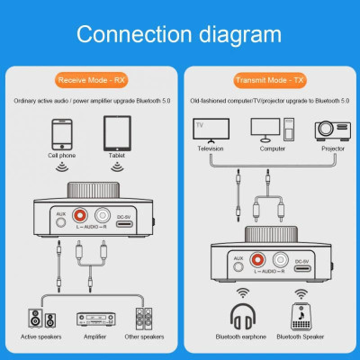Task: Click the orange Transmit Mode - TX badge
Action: point(269,80)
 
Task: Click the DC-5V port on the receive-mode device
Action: point(127,221)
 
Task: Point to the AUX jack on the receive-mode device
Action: point(62,221)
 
